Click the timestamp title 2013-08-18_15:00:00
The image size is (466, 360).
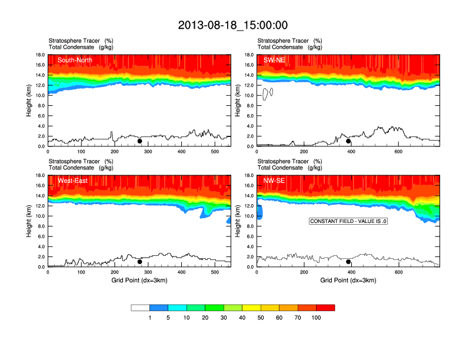[232, 25]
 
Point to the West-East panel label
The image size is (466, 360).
[72, 181]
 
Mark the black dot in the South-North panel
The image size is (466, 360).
[139, 141]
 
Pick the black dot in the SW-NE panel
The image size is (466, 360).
[348, 141]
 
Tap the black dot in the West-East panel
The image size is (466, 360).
[139, 262]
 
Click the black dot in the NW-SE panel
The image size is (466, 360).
[348, 262]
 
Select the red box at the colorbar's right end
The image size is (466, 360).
[325, 308]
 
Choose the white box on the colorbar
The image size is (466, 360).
[140, 308]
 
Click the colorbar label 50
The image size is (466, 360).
[261, 318]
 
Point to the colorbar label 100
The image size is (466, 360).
[316, 318]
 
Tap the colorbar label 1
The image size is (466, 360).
[149, 318]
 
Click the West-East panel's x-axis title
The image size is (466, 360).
[139, 280]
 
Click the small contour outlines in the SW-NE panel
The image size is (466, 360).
[268, 93]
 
